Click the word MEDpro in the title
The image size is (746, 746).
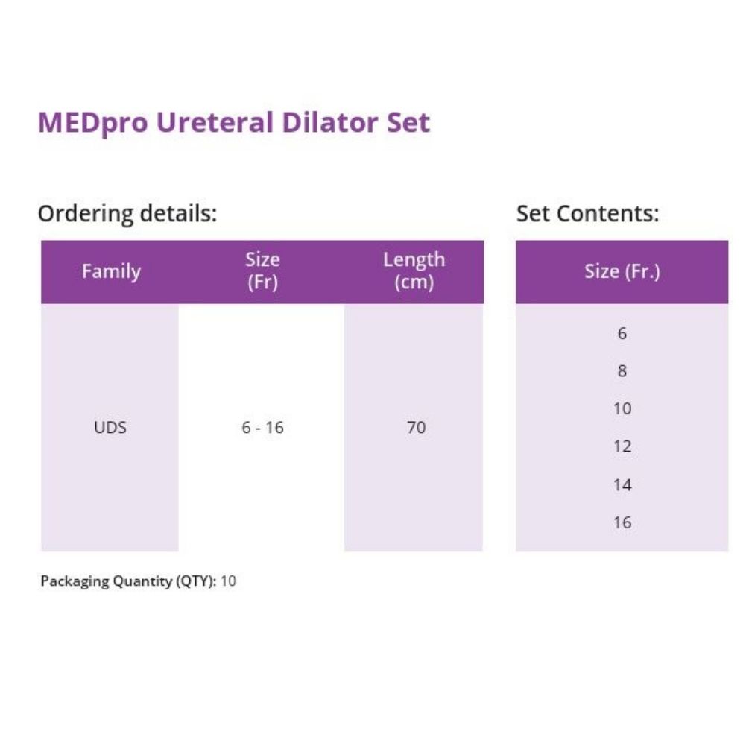92,123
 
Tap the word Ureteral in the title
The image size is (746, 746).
215,122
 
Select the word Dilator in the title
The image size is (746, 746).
329,122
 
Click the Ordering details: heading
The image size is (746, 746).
127,214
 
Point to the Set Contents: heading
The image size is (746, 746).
587,214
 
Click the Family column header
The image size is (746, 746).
111,272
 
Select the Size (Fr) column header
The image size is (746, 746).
262,271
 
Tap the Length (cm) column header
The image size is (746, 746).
414,271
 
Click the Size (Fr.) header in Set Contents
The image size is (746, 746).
622,272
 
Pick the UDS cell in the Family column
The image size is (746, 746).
110,427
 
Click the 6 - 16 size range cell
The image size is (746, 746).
262,427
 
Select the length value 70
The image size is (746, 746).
417,427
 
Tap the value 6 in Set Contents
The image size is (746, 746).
622,333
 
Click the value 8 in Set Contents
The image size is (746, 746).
622,370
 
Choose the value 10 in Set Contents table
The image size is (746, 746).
622,408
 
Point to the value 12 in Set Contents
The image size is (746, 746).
622,446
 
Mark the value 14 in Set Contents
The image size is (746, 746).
622,485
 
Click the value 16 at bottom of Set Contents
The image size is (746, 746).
622,522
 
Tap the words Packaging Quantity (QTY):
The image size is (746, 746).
128,581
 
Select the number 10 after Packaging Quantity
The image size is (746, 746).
228,581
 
